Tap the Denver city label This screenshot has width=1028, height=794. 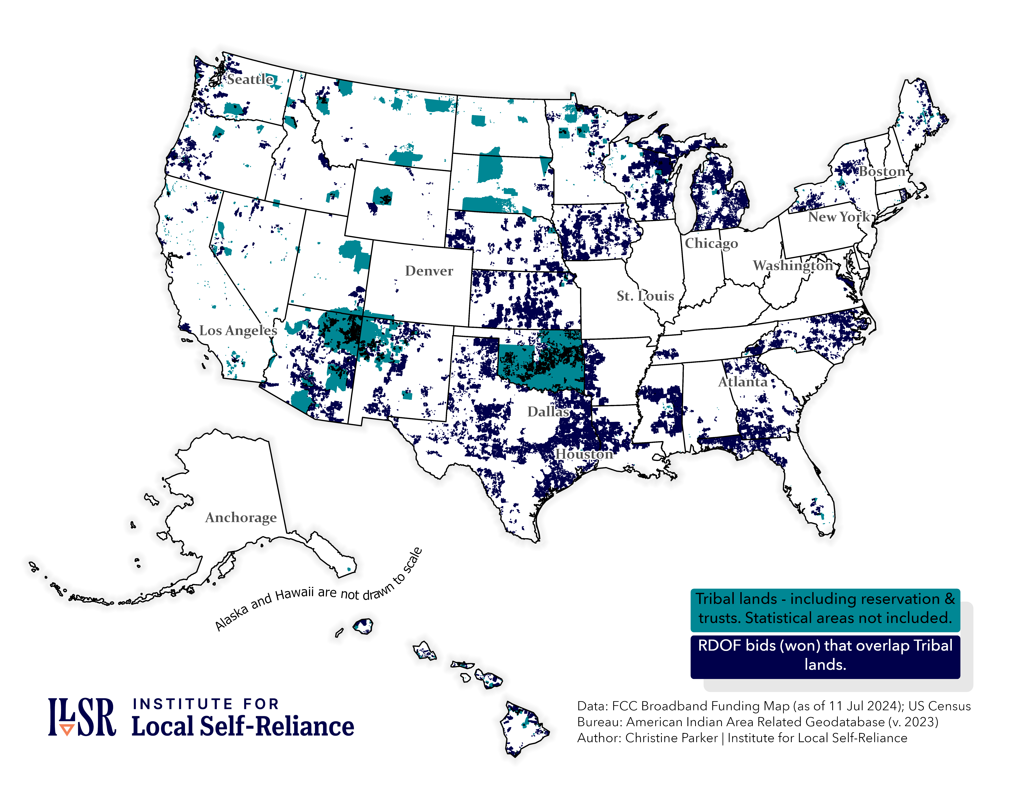pos(429,271)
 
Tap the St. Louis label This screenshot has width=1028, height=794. pos(645,296)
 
